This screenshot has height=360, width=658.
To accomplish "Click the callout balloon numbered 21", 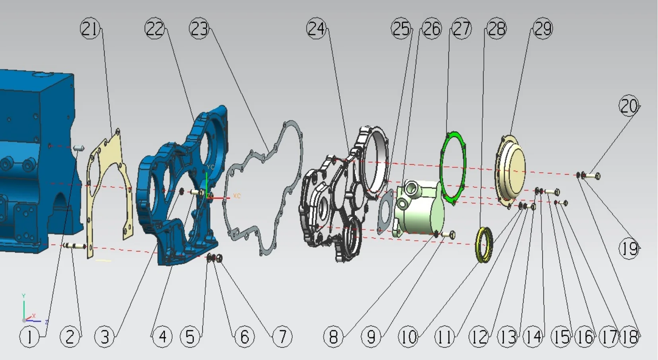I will pyautogui.click(x=90, y=29).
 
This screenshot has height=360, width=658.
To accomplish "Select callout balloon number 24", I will pyautogui.click(x=316, y=29).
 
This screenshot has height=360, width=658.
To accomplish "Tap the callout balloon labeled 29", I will pyautogui.click(x=543, y=29).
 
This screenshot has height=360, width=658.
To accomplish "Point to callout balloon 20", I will pyautogui.click(x=629, y=106).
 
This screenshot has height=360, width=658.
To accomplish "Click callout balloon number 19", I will pyautogui.click(x=629, y=249).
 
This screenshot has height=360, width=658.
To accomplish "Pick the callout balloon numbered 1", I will pyautogui.click(x=29, y=337).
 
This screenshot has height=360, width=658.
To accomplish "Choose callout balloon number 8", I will pyautogui.click(x=333, y=337).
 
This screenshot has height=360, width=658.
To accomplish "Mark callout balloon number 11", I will pyautogui.click(x=444, y=337).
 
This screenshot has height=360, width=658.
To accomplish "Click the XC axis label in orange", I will pyautogui.click(x=237, y=196).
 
